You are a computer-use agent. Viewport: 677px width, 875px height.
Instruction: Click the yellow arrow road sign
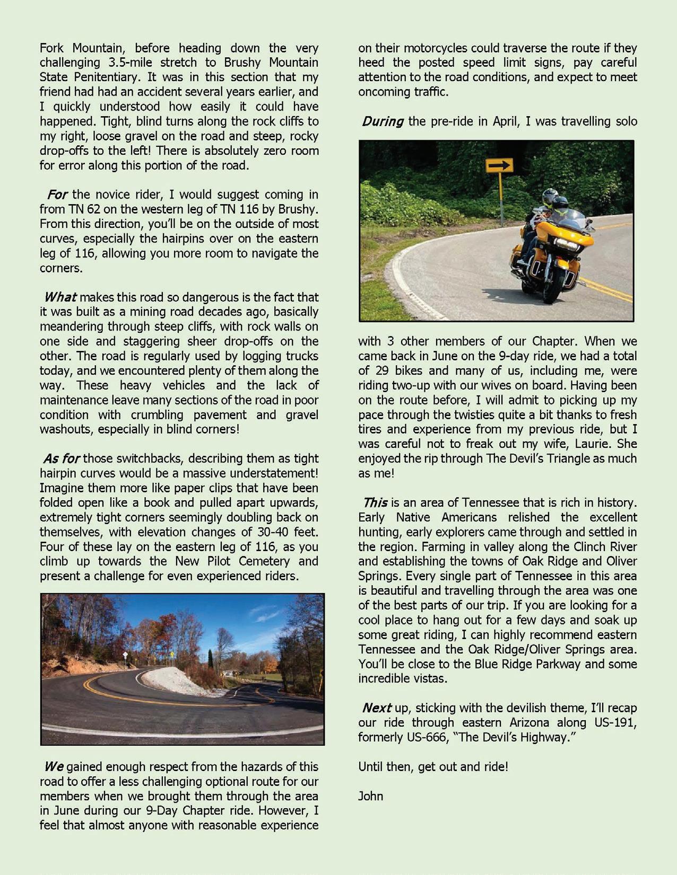tap(499, 165)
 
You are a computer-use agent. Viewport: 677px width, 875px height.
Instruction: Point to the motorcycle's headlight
tap(566, 244)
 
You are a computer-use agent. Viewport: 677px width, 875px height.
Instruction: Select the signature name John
tap(370, 796)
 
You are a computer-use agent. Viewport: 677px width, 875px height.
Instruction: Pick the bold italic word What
tap(60, 297)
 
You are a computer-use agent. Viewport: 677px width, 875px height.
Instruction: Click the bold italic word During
tap(383, 121)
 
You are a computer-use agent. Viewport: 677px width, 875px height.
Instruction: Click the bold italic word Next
tap(377, 708)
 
